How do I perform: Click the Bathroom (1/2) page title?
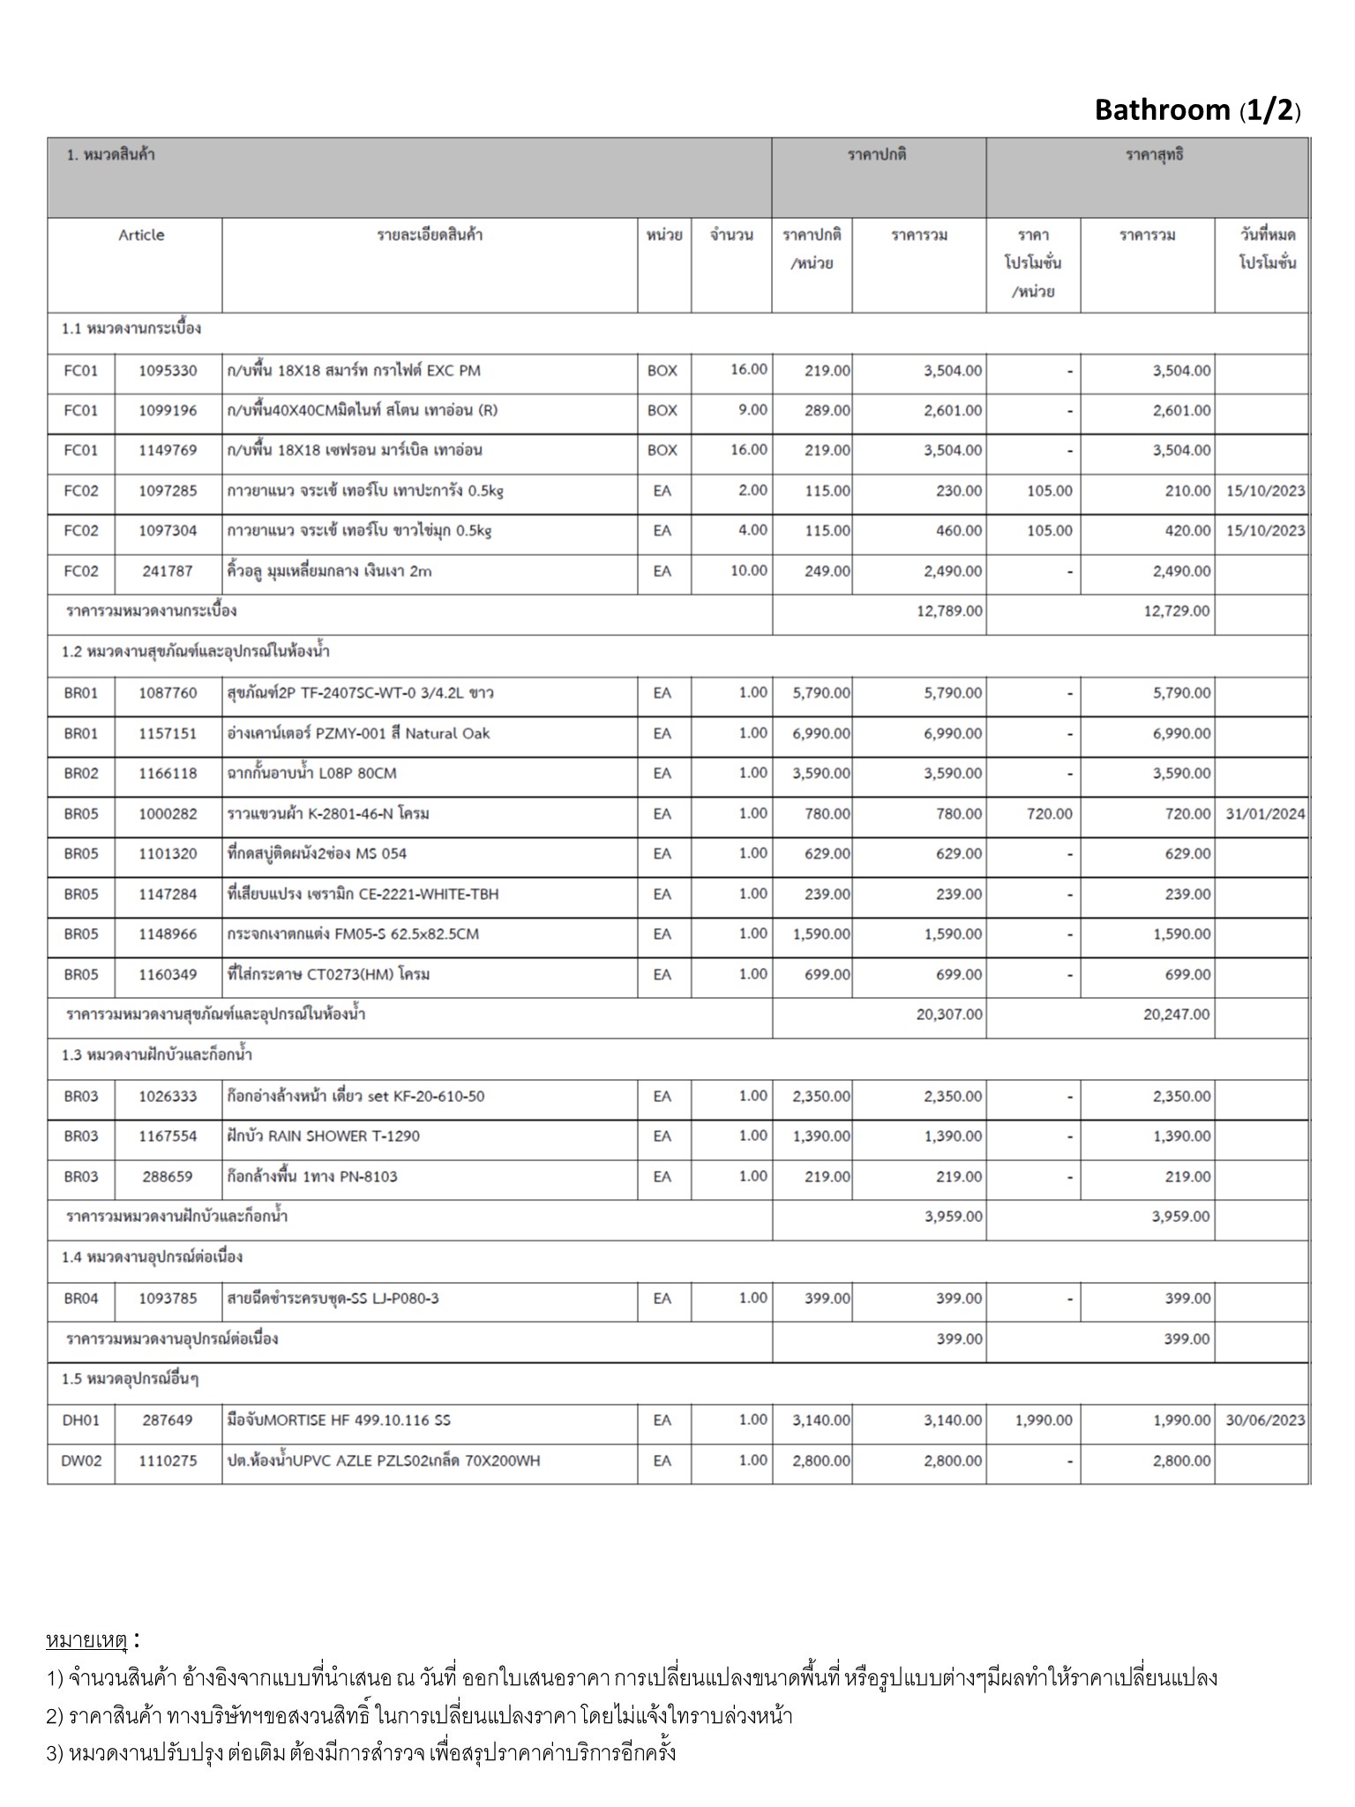(x=1197, y=110)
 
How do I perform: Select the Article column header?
(x=141, y=236)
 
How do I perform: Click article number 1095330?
(x=168, y=371)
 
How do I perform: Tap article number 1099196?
(x=168, y=410)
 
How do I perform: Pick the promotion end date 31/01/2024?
(x=1265, y=814)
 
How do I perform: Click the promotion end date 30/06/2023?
(x=1265, y=1421)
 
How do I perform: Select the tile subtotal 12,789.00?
(x=949, y=611)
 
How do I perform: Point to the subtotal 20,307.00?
(x=949, y=1015)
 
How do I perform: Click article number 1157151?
(x=168, y=733)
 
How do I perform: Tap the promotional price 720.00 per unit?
(x=1049, y=814)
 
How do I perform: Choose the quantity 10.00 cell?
(x=749, y=571)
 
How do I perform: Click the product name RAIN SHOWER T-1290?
(x=323, y=1136)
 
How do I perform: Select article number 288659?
(x=168, y=1177)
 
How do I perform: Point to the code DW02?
(x=81, y=1461)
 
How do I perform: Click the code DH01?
(x=81, y=1421)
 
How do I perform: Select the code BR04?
(x=81, y=1299)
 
